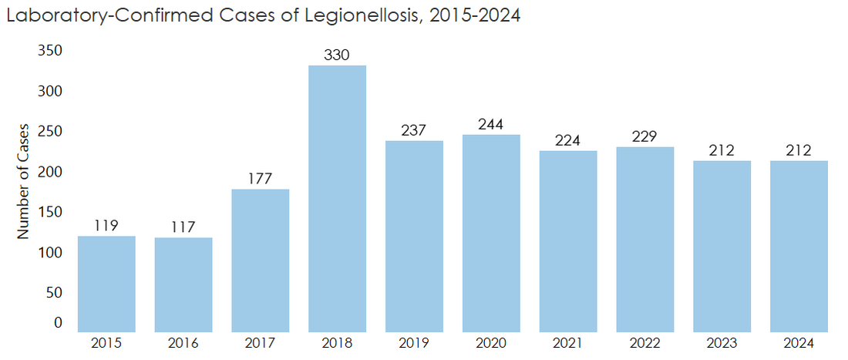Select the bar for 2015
pos(106,284)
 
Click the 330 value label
pos(337,55)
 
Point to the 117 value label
pos(183,227)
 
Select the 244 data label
pos(491,124)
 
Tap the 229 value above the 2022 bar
pos(644,136)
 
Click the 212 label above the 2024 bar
pos(799,150)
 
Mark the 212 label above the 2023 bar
pos(722,150)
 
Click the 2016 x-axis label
pos(183,343)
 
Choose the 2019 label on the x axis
pos(414,343)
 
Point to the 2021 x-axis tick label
pos(568,343)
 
